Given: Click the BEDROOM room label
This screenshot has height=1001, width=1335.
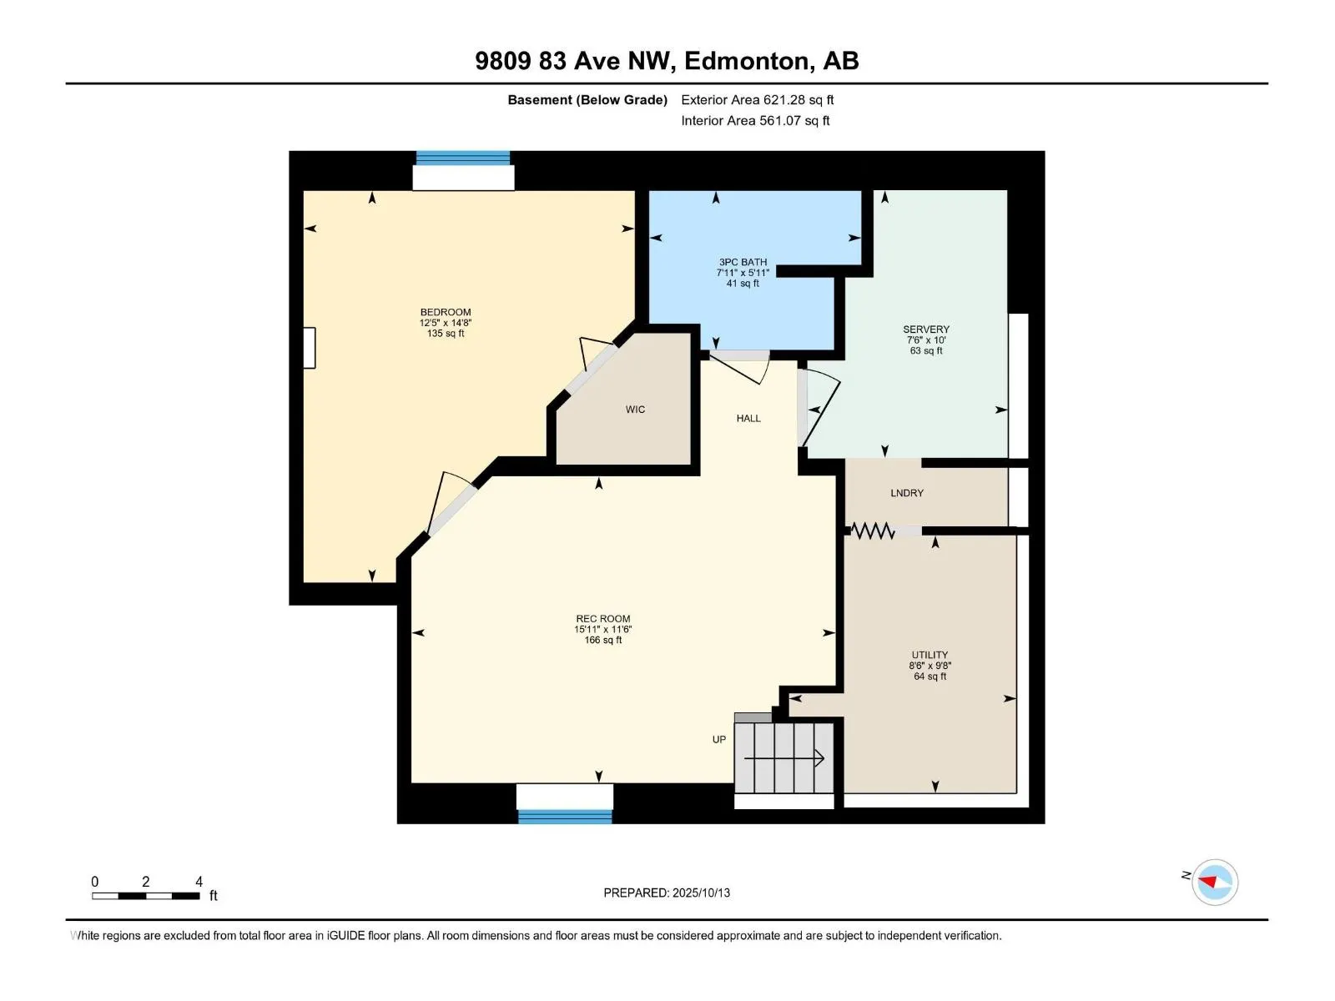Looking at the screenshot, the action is click(x=446, y=312).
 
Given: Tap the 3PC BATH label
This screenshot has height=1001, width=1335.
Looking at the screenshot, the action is click(x=743, y=262).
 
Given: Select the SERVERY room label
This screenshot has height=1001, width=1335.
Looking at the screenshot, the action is click(x=925, y=329).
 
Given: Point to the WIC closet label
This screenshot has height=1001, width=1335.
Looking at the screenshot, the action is click(x=635, y=410).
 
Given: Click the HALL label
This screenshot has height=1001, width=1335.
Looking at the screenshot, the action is click(x=748, y=418).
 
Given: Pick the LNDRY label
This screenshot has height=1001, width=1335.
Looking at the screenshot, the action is click(x=907, y=493).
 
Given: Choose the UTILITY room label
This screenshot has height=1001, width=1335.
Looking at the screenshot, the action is click(x=929, y=655).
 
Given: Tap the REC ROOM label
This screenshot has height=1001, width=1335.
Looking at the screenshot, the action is click(x=602, y=619).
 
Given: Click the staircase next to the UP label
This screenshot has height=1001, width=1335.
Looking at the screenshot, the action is click(x=783, y=757).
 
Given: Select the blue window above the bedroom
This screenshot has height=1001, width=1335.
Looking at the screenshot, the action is click(x=463, y=158).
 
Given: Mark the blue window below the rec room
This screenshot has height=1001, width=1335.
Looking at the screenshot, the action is click(x=564, y=817).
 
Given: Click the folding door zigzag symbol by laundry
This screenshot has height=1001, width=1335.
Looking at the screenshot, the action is click(x=872, y=531).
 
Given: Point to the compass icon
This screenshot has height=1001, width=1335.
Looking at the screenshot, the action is click(x=1214, y=882).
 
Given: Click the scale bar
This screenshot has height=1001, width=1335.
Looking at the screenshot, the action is click(x=146, y=896).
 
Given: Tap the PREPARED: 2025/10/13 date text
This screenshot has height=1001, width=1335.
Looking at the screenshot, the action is click(x=667, y=893).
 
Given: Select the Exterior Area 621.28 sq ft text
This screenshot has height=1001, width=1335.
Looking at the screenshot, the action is click(x=758, y=99).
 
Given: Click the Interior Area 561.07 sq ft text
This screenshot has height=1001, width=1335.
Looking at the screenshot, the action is click(x=755, y=120).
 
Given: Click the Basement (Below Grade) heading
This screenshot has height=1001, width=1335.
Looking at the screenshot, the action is click(x=587, y=99).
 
